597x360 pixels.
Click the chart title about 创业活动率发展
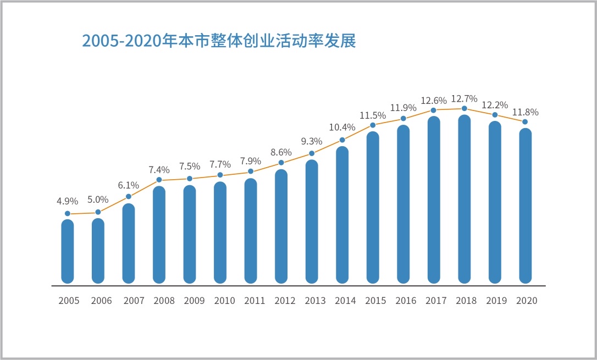click(219, 41)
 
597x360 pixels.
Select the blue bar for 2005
click(68, 251)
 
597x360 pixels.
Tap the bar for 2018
click(465, 199)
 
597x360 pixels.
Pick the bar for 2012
click(281, 226)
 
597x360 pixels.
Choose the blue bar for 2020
click(526, 206)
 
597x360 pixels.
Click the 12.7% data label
click(464, 99)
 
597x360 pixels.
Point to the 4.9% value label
click(68, 202)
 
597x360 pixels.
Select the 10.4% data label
click(342, 128)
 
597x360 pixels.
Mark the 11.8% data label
click(526, 112)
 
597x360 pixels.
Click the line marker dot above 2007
click(129, 197)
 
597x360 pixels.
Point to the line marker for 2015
click(373, 125)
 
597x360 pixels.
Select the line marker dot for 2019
click(495, 115)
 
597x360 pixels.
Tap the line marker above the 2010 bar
click(220, 175)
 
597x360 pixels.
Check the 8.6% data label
click(281, 152)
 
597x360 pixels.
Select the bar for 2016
click(403, 204)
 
